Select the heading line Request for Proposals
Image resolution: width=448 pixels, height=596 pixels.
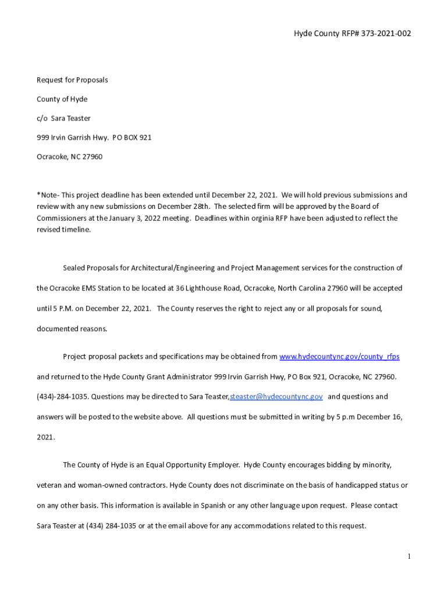point(72,80)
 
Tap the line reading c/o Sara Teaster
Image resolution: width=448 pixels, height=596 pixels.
point(63,118)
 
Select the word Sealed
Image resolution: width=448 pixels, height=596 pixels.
point(74,268)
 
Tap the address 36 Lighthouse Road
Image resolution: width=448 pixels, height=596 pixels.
point(205,288)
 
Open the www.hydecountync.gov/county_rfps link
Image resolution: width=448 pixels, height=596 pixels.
point(339,356)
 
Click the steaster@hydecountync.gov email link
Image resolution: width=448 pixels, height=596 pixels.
point(276,397)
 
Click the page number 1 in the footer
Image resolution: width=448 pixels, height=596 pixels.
point(410,557)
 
